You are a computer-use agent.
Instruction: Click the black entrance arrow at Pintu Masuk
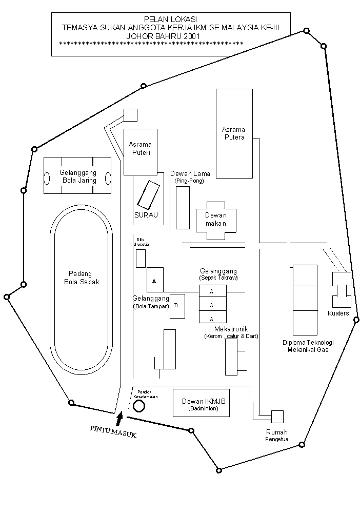click(x=119, y=418)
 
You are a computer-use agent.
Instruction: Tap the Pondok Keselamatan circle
click(x=138, y=406)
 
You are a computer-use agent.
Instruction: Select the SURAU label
click(x=147, y=215)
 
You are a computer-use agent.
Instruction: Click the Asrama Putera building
click(x=234, y=133)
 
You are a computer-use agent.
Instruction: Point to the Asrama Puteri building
click(x=140, y=151)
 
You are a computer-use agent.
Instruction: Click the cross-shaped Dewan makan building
click(x=216, y=220)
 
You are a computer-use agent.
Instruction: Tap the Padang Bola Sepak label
click(x=82, y=278)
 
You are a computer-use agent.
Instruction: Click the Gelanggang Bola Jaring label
click(x=78, y=176)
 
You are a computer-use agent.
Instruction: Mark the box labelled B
click(x=177, y=306)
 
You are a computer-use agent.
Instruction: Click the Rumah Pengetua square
click(x=277, y=416)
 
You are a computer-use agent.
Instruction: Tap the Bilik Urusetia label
click(x=142, y=242)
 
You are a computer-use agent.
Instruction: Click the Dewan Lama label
click(x=190, y=174)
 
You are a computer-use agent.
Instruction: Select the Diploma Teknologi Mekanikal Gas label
click(x=308, y=346)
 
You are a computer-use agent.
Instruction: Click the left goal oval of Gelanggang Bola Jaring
click(x=47, y=179)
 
